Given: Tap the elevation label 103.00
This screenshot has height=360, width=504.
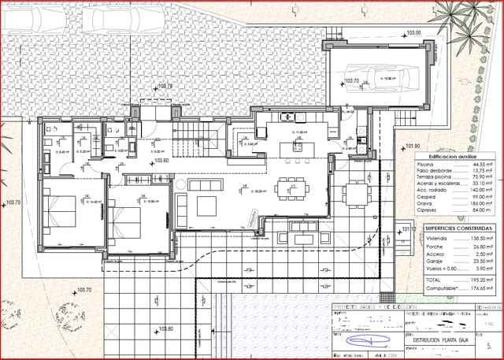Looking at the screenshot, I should [x=413, y=34].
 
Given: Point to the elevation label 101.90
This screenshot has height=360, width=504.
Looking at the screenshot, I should [x=413, y=147].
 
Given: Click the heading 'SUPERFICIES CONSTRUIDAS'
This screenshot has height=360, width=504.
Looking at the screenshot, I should [x=458, y=228].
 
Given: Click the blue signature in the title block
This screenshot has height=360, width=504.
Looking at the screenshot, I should [x=367, y=341].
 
